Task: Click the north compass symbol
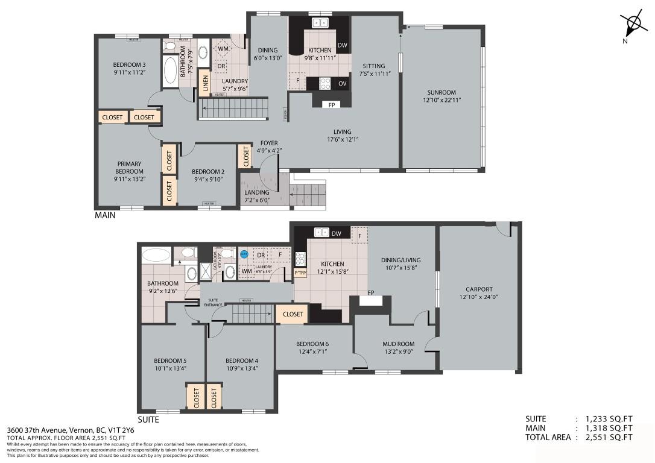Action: [x=633, y=25]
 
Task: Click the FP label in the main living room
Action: [x=332, y=104]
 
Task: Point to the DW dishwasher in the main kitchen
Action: [x=342, y=45]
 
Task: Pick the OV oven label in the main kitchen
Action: [x=342, y=83]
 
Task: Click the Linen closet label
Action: [x=206, y=83]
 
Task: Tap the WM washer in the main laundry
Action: [x=223, y=49]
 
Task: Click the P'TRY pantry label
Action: [x=300, y=272]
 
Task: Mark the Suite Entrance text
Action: [x=213, y=302]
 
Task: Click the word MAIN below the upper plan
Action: [x=106, y=215]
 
